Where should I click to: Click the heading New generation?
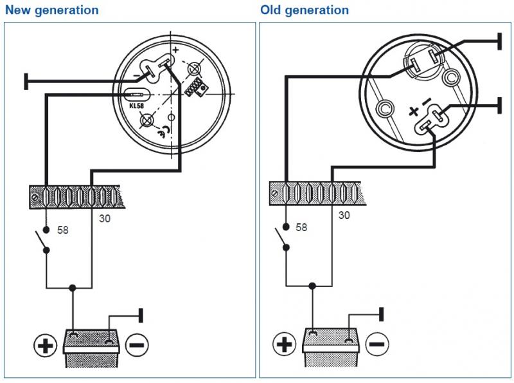tap(52, 10)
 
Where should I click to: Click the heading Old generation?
tap(305, 10)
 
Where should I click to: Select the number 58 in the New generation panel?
tap(62, 230)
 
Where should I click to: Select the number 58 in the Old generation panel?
tap(301, 227)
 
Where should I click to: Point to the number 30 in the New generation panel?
tap(105, 218)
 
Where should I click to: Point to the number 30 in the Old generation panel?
tap(344, 215)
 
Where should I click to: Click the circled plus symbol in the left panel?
tap(44, 346)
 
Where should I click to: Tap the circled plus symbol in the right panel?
tap(283, 345)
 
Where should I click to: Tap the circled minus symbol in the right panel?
tap(377, 345)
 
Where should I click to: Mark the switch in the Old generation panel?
tap(284, 239)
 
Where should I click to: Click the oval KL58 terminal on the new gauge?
tap(134, 94)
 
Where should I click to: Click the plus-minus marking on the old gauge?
tap(417, 110)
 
